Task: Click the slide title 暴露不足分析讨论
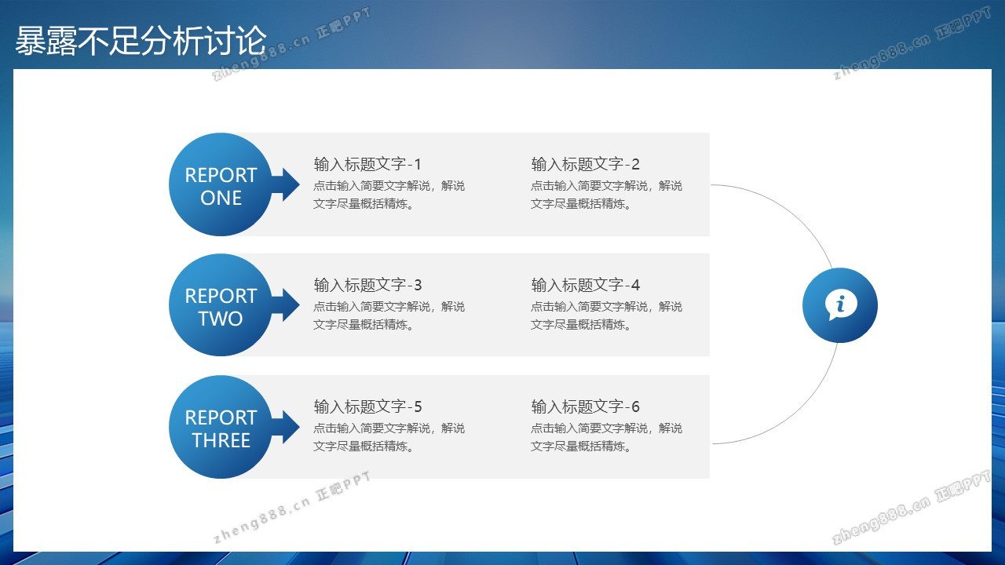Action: pos(141,41)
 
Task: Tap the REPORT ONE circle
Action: pos(221,184)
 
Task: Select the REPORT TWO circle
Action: pos(221,305)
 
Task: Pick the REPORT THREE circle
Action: pos(221,427)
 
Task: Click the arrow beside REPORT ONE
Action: pos(286,184)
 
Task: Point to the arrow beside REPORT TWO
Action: pos(286,305)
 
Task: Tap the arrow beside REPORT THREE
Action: pos(286,427)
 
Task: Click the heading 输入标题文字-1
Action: pos(367,164)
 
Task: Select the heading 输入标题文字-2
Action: pos(585,164)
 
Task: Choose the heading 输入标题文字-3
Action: pos(367,285)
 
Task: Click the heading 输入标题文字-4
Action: pos(585,285)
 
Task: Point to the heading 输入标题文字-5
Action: pos(367,406)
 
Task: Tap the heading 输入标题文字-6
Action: pos(585,406)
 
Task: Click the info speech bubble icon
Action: pos(841,305)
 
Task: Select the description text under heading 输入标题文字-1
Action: pos(389,195)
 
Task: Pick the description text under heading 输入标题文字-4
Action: pos(606,315)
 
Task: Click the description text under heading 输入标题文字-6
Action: pos(606,437)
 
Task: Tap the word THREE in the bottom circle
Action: pos(221,440)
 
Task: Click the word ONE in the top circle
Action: pos(221,198)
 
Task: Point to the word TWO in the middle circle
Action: pos(221,319)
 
